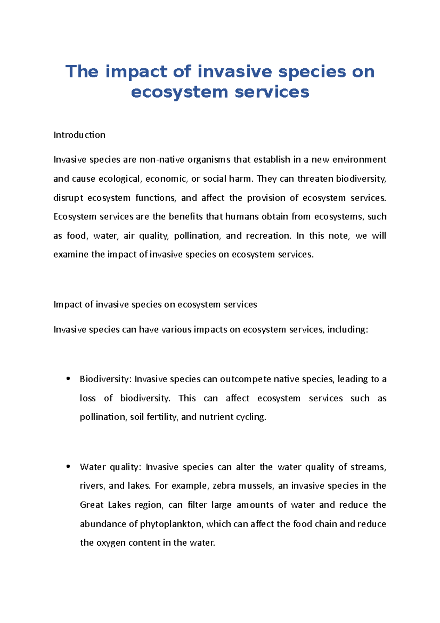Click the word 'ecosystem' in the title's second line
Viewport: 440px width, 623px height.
[179, 92]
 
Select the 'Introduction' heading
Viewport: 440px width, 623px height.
[79, 135]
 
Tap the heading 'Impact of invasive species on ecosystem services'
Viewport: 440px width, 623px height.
[155, 305]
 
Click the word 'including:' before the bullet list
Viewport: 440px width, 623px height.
[347, 329]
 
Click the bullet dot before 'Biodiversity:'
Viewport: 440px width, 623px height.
[68, 379]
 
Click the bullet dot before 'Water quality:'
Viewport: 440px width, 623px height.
[68, 467]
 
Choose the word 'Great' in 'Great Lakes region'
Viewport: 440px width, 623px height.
[92, 505]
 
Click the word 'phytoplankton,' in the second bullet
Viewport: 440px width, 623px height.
[171, 524]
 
